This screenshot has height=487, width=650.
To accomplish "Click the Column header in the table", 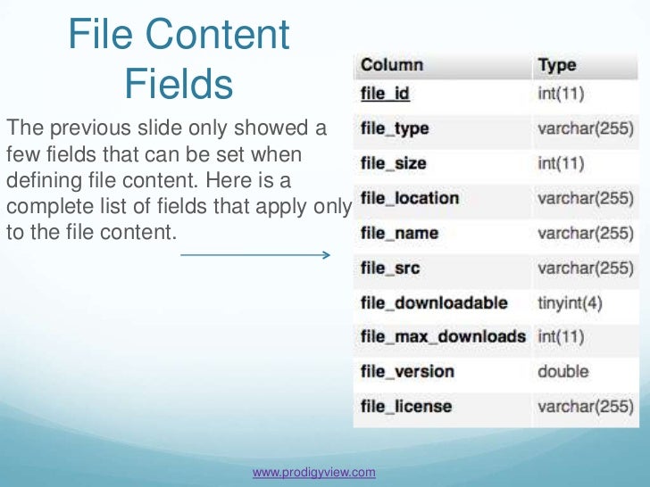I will [391, 65].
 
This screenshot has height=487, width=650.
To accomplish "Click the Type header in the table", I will [556, 65].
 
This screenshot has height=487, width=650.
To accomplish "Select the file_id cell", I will [385, 94].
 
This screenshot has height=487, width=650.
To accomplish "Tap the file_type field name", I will [395, 128].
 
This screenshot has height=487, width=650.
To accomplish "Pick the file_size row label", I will [393, 163].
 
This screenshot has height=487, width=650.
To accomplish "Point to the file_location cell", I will [409, 198].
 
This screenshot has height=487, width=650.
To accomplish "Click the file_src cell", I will [390, 268].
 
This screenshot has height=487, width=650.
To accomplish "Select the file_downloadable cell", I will [434, 302].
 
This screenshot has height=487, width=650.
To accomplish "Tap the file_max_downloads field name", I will [443, 337].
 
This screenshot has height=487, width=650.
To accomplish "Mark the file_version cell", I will [407, 372].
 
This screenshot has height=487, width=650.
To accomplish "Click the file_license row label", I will [406, 407].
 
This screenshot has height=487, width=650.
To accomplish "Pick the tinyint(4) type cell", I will [570, 302].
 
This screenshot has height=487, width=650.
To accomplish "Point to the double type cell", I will [562, 372].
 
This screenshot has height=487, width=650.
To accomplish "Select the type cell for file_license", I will [585, 407].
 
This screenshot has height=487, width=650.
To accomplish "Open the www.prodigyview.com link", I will [314, 472].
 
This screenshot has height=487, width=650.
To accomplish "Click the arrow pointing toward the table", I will [256, 256].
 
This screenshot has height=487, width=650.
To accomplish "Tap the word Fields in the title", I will [179, 84].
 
